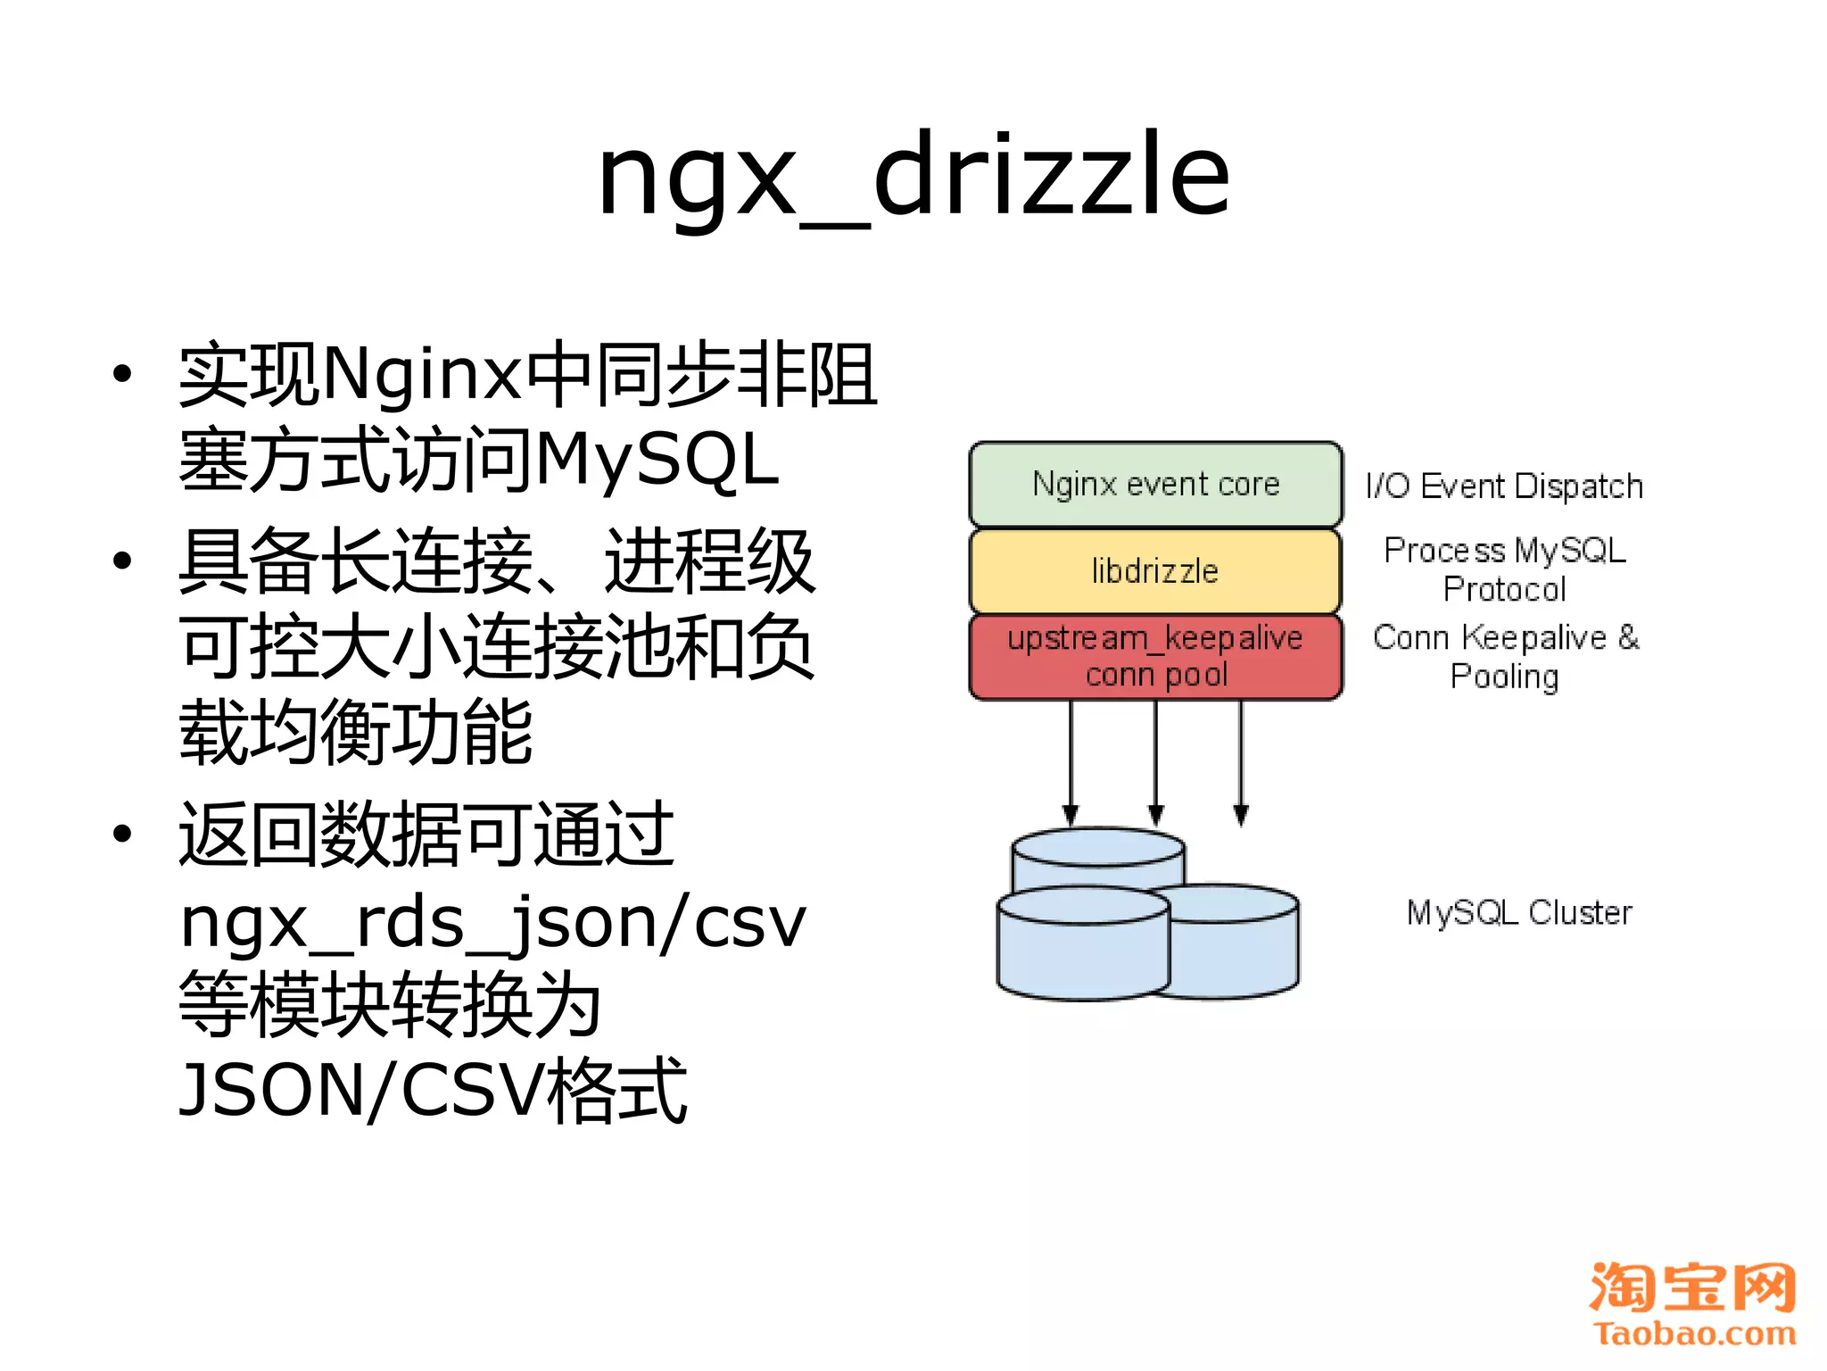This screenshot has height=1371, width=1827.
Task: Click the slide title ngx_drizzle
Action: (x=913, y=174)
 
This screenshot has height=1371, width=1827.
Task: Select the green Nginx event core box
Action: (x=1155, y=484)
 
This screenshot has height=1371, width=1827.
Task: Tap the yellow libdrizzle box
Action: (x=1155, y=570)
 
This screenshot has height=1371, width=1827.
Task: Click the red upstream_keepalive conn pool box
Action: (x=1155, y=656)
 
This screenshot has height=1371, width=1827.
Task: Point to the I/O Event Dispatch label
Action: (x=1504, y=486)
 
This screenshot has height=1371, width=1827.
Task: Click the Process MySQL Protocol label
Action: (x=1504, y=569)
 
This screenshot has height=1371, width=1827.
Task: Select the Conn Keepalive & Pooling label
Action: (x=1506, y=656)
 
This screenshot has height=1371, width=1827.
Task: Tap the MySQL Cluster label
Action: (x=1519, y=912)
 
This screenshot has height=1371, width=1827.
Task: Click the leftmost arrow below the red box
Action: (x=1071, y=759)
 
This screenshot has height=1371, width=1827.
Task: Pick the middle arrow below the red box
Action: (x=1156, y=759)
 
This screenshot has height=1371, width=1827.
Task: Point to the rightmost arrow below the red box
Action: (x=1241, y=759)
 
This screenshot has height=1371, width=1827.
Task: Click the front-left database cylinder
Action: (x=1083, y=951)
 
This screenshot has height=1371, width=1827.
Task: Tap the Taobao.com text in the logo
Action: (x=1694, y=1334)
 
